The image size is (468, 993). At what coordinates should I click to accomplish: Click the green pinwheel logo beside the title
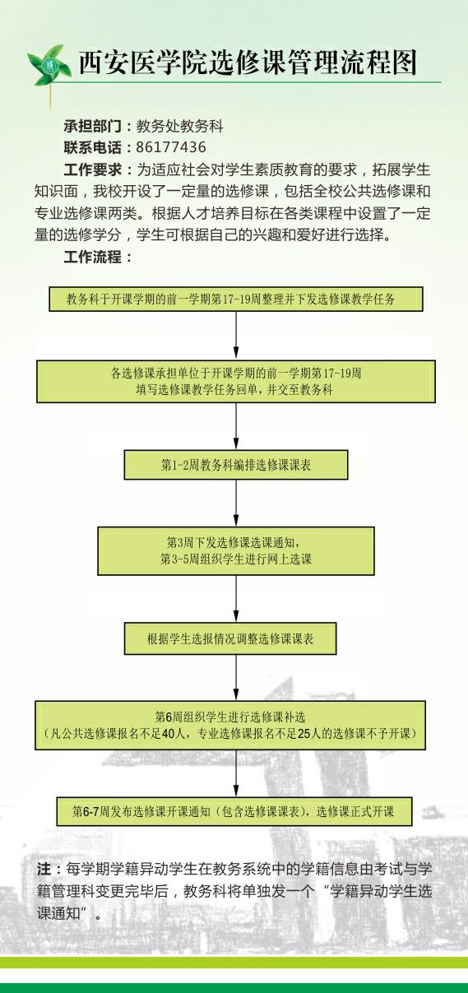[x=49, y=67]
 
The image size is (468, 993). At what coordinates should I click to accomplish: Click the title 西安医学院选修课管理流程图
[x=248, y=63]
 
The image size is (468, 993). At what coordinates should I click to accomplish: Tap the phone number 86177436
[x=171, y=147]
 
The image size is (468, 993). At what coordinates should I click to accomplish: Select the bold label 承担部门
[x=92, y=127]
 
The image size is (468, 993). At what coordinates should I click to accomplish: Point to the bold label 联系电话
[x=92, y=147]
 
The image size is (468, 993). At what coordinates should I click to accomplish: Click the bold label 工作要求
[x=92, y=169]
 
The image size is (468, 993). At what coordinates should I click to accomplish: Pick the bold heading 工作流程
[x=92, y=257]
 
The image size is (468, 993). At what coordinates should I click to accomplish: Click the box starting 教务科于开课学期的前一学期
[x=236, y=299]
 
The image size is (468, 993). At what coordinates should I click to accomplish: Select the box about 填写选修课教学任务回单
[x=236, y=381]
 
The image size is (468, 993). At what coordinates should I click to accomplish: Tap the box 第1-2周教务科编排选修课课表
[x=236, y=465]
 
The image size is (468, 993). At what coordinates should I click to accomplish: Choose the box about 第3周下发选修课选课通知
[x=236, y=551]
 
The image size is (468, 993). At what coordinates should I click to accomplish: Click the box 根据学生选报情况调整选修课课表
[x=230, y=638]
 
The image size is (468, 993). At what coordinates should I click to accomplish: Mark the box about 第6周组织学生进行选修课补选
[x=230, y=726]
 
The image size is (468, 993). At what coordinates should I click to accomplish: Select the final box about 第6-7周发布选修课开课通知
[x=234, y=812]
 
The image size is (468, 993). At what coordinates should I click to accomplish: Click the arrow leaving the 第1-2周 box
[x=236, y=503]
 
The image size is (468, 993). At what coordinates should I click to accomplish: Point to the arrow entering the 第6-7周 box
[x=236, y=773]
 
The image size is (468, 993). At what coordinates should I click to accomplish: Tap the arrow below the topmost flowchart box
[x=236, y=336]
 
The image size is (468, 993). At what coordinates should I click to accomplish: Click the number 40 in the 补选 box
[x=168, y=734]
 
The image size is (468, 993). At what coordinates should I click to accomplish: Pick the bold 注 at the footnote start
[x=44, y=870]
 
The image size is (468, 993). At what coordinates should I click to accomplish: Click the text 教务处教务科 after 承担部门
[x=179, y=127]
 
